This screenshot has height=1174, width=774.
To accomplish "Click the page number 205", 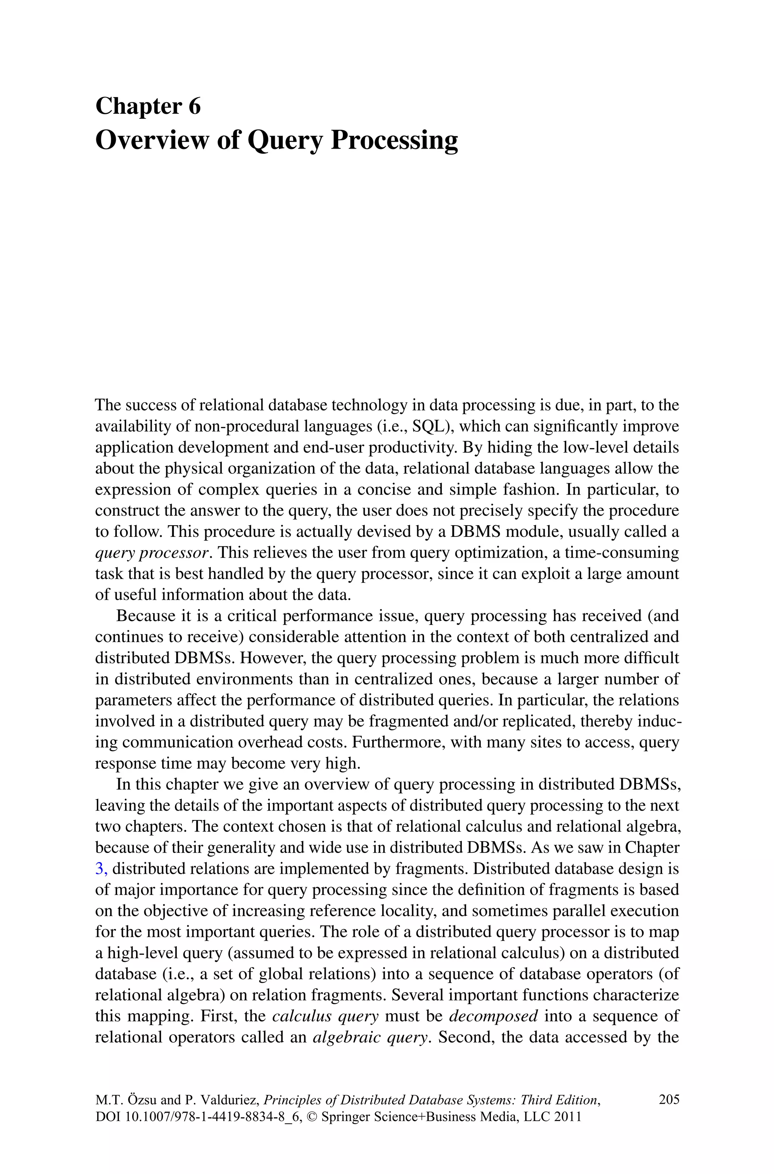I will pyautogui.click(x=669, y=1099).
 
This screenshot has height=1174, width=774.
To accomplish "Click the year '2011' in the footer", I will pyautogui.click(x=567, y=1116).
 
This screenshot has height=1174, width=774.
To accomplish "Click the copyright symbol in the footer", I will pyautogui.click(x=311, y=1116).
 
